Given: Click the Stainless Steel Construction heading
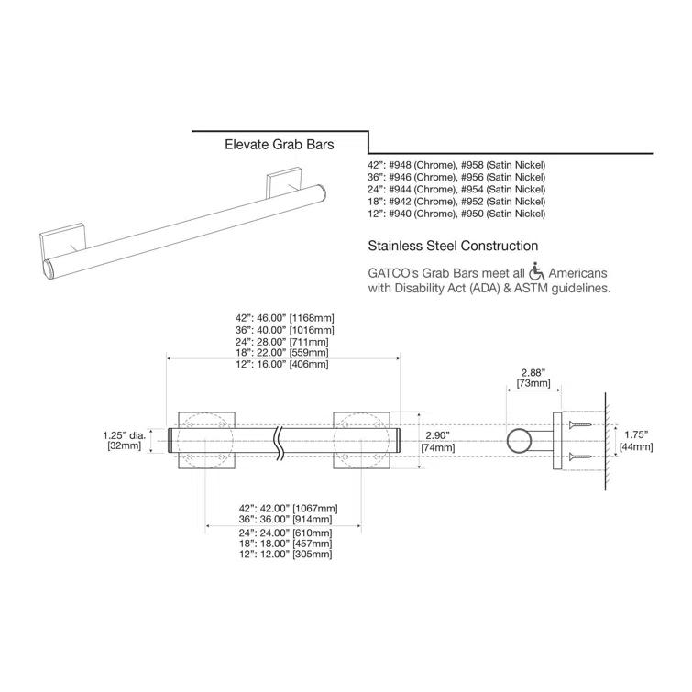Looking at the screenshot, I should (452, 246).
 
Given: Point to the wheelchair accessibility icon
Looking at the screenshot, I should (537, 272).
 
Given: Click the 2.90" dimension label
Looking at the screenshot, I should (438, 435).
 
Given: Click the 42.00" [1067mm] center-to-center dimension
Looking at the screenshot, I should (286, 508).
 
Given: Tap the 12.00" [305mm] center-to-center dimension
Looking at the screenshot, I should (286, 555).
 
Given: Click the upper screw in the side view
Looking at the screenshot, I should (580, 426).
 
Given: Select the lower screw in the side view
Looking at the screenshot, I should (580, 456).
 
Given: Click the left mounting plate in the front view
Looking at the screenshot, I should (207, 441).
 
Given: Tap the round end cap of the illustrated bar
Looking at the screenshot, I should (52, 269).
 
